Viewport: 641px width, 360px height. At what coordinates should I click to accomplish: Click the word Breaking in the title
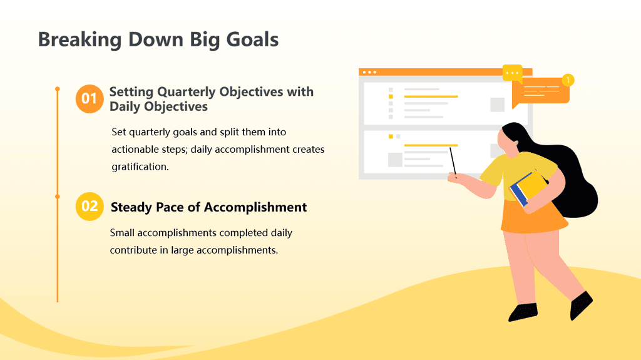tap(79, 40)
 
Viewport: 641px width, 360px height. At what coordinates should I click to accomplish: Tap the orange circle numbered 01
tap(89, 98)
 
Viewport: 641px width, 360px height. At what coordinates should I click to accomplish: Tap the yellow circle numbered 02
tap(90, 206)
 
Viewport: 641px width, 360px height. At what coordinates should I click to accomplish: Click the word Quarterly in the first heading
tap(186, 91)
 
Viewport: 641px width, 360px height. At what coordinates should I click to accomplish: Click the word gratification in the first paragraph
tap(140, 167)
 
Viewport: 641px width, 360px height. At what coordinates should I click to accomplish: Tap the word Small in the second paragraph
tap(122, 233)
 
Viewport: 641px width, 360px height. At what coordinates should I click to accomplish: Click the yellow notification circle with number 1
tap(568, 80)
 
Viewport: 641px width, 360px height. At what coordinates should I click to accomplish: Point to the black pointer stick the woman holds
tap(453, 162)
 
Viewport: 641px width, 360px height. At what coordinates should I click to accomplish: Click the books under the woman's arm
tap(529, 188)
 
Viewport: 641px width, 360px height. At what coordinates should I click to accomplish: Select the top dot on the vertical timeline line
tap(58, 89)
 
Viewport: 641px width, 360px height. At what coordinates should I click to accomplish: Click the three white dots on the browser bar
tap(369, 73)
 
